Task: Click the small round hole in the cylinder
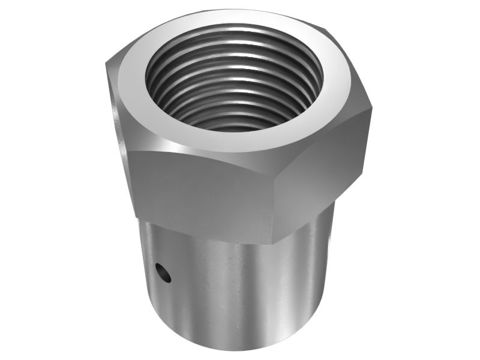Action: (x=162, y=273)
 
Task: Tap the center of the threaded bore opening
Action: (x=235, y=78)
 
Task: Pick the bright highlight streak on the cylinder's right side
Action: (x=306, y=282)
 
